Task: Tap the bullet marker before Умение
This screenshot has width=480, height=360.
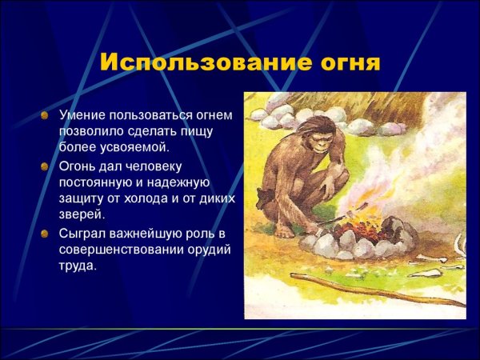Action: click(45, 115)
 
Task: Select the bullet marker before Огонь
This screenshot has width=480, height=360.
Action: click(45, 166)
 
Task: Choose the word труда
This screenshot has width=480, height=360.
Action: click(78, 266)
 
